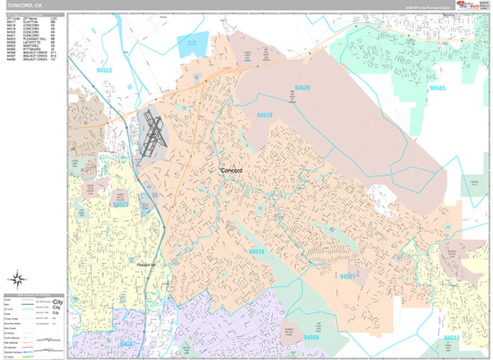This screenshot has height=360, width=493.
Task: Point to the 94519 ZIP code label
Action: pyautogui.click(x=264, y=116)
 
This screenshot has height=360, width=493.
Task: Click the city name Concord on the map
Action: pyautogui.click(x=236, y=169)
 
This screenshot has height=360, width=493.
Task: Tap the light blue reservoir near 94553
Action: pyautogui.click(x=193, y=44)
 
